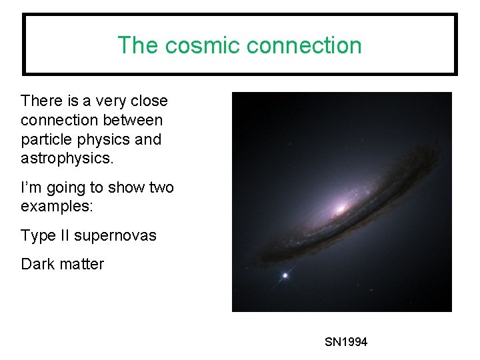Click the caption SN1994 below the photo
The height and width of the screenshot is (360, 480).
(x=346, y=342)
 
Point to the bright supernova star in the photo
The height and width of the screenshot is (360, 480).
(x=286, y=275)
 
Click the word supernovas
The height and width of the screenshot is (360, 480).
(x=115, y=235)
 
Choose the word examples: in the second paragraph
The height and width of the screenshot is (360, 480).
(x=57, y=207)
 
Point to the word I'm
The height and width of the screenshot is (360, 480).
(x=30, y=187)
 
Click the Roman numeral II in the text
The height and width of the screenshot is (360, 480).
(x=64, y=235)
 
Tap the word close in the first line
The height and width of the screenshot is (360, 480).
(x=149, y=101)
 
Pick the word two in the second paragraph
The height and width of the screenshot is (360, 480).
(x=160, y=187)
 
